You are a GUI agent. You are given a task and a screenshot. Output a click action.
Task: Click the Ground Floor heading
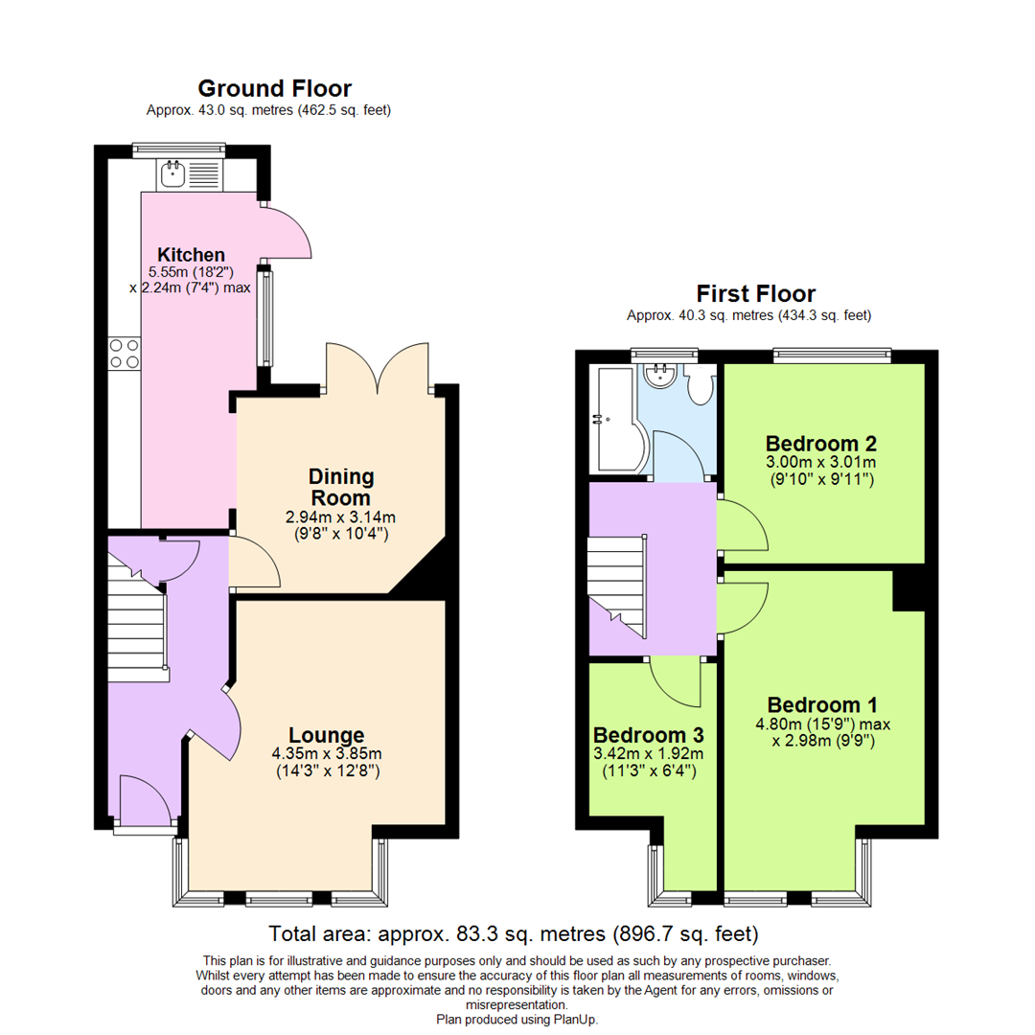pos(274,88)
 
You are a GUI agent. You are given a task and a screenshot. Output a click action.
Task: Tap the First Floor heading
pos(755,293)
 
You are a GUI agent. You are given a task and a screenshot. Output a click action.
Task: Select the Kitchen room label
pos(191,255)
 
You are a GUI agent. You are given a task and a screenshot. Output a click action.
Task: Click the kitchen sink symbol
pos(173,173)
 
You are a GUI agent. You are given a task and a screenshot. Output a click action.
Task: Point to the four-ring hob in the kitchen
pos(125,354)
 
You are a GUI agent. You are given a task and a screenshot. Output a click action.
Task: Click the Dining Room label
pos(340,487)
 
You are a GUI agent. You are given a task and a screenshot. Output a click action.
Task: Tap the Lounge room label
pos(326,735)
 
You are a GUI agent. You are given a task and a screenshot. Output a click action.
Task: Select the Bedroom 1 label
pos(821,704)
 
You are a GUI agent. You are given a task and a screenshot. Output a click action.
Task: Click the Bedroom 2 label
pos(821,444)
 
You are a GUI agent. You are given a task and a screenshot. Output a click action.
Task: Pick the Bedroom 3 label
pos(649,735)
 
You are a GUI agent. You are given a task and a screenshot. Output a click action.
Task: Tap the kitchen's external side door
pos(287,233)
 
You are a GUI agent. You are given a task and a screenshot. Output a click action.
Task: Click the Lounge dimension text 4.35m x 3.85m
pos(326,754)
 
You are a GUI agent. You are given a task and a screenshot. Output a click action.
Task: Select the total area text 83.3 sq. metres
pos(514,932)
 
